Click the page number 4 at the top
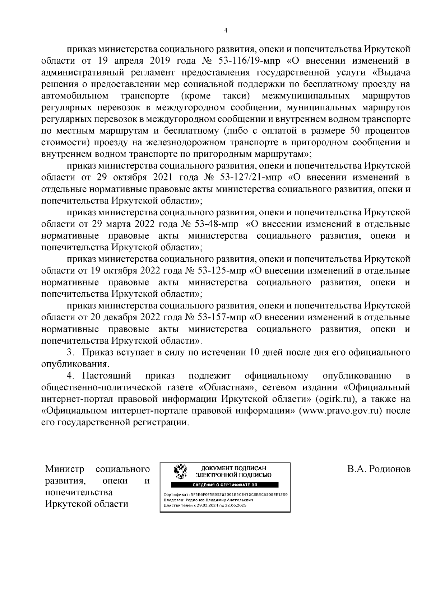[225, 31]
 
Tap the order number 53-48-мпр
[216, 224]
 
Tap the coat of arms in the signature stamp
[180, 472]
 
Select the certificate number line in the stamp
[225, 494]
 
